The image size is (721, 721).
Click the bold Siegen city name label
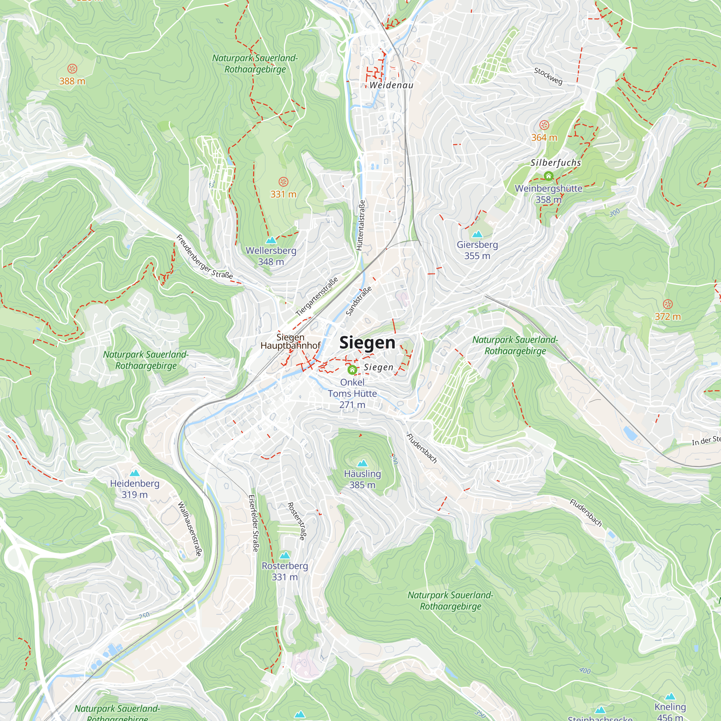coord(367,342)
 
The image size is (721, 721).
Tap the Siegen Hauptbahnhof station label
coord(290,341)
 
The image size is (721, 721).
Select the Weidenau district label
coord(392,85)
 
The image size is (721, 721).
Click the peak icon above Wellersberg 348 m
coord(271,240)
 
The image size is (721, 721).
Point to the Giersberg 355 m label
coord(477,250)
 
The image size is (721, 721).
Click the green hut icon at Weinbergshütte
coord(548,176)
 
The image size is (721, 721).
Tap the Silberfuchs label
coord(556,163)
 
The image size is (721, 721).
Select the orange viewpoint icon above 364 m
coord(544,125)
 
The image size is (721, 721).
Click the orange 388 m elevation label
coord(72,81)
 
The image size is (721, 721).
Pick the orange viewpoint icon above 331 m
coord(283,182)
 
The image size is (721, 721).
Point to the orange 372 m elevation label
coord(668,317)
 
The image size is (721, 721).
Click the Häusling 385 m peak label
coord(362,479)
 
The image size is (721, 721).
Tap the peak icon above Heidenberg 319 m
coord(135,473)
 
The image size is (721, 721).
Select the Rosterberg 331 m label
coord(285,571)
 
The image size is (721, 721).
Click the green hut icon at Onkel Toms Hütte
coord(352,370)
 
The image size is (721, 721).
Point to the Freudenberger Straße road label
coord(204,257)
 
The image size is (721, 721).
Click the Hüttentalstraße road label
coord(360,225)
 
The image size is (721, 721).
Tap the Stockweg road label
coord(548,76)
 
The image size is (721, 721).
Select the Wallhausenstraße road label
coord(190,528)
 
